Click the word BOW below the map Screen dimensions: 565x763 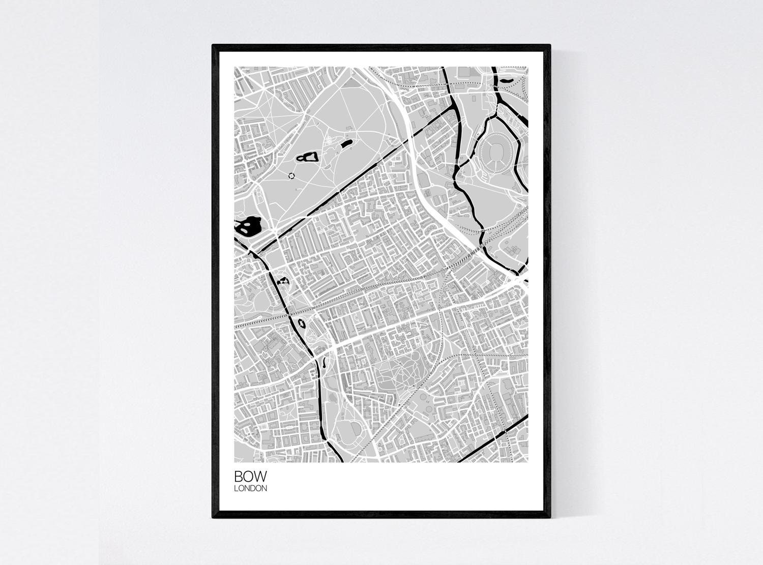(249, 477)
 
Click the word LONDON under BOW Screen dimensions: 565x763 (250, 489)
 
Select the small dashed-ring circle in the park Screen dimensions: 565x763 (291, 175)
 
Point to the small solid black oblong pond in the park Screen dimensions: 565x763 (346, 144)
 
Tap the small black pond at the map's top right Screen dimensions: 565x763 (507, 79)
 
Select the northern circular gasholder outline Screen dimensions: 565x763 (423, 395)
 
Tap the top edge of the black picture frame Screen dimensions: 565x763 (382, 47)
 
